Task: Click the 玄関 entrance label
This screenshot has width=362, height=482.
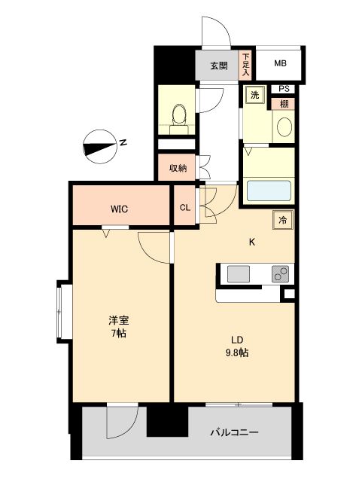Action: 218,66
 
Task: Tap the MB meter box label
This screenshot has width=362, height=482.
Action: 280,65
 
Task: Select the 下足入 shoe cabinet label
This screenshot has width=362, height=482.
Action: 245,65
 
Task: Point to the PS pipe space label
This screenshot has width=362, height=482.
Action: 284,89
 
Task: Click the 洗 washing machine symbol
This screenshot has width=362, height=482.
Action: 254,96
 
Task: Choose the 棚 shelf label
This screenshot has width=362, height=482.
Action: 284,103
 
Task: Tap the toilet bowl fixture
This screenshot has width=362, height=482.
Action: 179,115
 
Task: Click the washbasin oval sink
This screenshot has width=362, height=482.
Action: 284,127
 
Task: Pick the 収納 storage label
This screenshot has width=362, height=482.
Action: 178,167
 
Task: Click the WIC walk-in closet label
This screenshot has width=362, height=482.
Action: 120,208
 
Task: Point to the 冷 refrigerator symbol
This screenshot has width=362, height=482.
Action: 283,220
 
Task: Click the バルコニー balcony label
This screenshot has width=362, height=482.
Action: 234,433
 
